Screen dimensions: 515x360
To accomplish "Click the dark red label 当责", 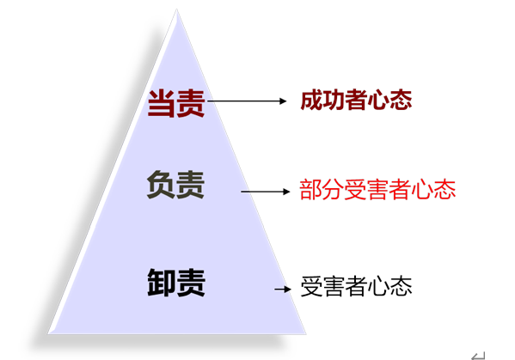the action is [176, 103].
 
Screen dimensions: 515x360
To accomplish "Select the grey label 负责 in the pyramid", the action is [175, 185].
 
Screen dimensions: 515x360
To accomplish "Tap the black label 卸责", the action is [176, 283].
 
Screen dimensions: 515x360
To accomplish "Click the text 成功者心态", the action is [356, 100].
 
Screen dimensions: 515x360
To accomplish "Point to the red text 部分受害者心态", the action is [377, 190].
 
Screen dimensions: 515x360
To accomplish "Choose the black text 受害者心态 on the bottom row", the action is [356, 286].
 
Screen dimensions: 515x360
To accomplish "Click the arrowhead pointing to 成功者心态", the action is [283, 101].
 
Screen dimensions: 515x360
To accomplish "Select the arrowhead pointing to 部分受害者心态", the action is [286, 192].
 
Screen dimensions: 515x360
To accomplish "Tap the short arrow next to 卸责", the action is [283, 289].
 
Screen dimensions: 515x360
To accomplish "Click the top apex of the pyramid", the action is [177, 9].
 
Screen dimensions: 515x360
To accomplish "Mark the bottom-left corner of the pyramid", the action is [48, 334].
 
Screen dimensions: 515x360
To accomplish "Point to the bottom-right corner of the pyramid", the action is [306, 334].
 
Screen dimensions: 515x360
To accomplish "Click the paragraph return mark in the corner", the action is [478, 356].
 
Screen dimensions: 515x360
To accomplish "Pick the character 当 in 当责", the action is [162, 103].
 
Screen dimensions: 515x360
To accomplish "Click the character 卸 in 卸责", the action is [162, 283].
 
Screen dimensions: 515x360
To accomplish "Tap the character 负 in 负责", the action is [161, 185].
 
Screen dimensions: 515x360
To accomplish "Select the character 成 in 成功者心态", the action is [311, 100].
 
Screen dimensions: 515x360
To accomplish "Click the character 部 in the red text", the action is [310, 190].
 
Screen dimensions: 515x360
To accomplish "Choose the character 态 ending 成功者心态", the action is [401, 100].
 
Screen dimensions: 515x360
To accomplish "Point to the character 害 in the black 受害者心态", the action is [334, 286].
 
